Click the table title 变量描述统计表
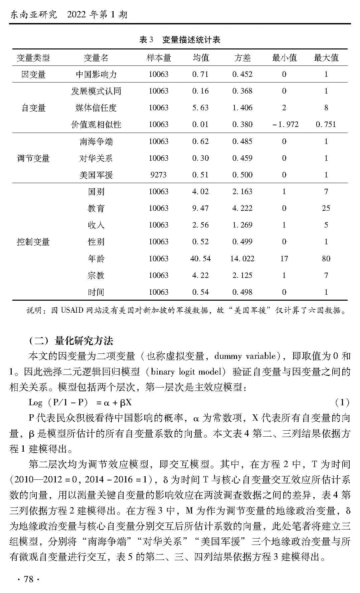coord(191,40)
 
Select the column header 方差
coord(242,58)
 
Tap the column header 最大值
coord(326,58)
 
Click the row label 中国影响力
coord(96,74)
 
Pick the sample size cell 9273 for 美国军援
coord(158,175)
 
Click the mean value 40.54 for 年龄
coord(200,259)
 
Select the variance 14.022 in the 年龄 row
coord(242,259)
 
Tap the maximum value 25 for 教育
coord(326,208)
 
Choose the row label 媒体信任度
coord(96,108)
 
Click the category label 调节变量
coord(33,158)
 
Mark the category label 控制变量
coord(33,242)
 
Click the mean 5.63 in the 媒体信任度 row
coord(200,108)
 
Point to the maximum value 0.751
coord(326,125)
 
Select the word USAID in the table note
coord(72,310)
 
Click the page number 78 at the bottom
coord(29,579)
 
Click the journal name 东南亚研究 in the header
coord(33,15)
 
